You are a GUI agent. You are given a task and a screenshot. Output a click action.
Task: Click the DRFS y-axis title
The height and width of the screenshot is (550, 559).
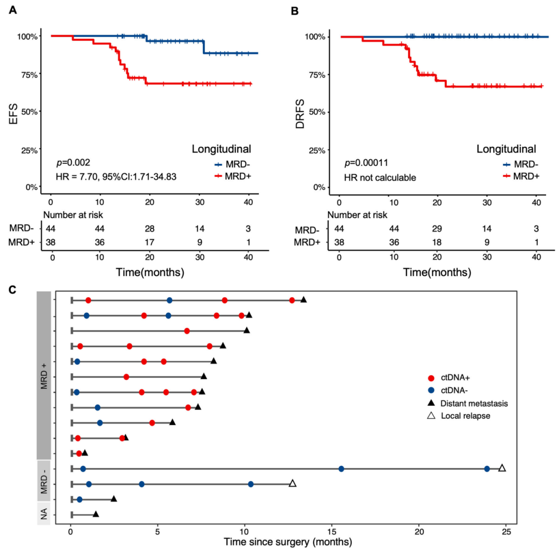(x=300, y=111)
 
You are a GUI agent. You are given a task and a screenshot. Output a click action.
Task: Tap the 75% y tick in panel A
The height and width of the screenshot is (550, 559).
(x=28, y=74)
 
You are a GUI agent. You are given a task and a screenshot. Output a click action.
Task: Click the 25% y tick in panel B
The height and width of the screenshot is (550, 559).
(x=315, y=150)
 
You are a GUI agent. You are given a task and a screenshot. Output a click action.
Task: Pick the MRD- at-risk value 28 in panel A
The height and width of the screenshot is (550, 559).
(x=149, y=228)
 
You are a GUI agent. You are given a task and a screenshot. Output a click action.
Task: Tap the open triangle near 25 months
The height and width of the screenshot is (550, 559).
(x=502, y=468)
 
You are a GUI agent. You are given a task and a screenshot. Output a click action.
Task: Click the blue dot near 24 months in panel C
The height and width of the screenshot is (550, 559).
(x=487, y=469)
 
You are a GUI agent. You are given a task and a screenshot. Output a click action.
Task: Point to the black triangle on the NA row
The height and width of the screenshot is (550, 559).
(x=96, y=514)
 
